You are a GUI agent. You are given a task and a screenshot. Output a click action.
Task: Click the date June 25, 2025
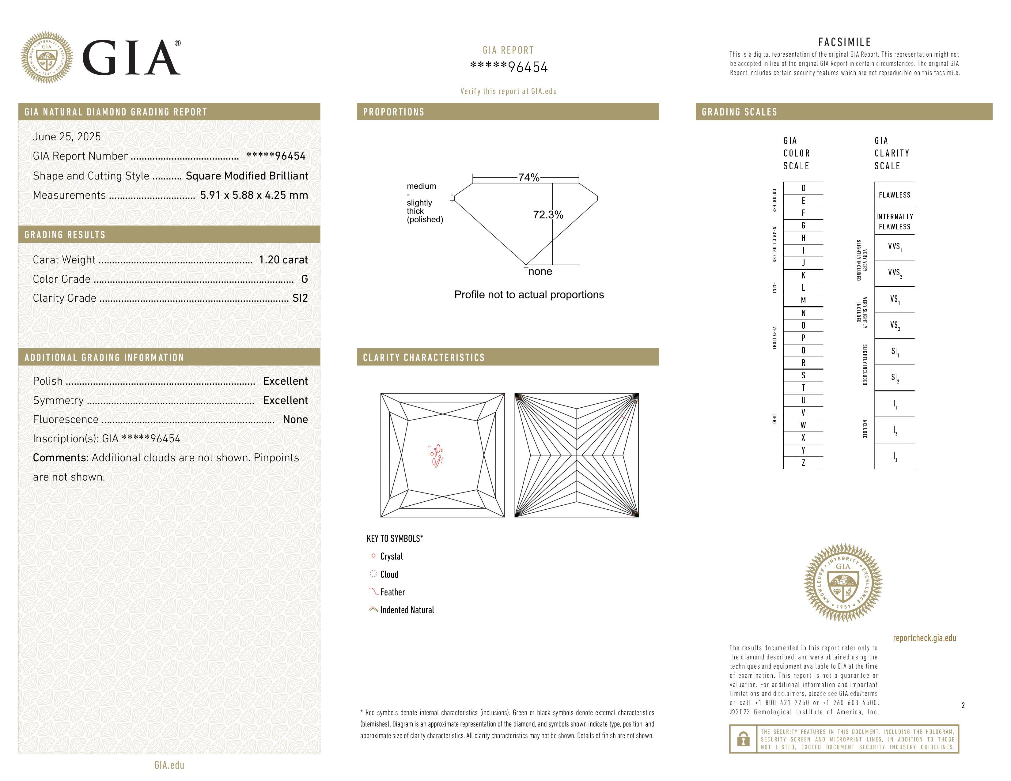point(67,137)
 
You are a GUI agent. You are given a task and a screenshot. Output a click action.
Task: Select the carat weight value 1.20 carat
point(283,259)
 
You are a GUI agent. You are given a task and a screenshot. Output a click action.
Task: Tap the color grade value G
point(304,279)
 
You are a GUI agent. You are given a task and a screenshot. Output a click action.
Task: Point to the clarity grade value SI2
point(300,298)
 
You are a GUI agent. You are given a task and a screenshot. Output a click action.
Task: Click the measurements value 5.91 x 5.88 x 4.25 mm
point(254,195)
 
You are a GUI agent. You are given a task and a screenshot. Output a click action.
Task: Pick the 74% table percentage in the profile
point(529,178)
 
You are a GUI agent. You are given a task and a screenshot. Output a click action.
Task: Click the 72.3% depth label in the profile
point(548,215)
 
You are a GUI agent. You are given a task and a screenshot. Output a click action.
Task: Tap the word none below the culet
point(540,272)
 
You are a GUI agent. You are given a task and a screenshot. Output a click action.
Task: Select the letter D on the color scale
point(803,188)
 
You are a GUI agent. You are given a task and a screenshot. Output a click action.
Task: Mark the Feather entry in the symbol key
point(392,592)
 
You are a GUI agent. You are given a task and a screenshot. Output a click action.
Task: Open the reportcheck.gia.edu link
point(924,638)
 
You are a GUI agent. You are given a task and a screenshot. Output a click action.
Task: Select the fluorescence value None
point(295,419)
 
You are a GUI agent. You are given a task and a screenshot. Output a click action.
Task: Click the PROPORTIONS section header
point(393,112)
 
